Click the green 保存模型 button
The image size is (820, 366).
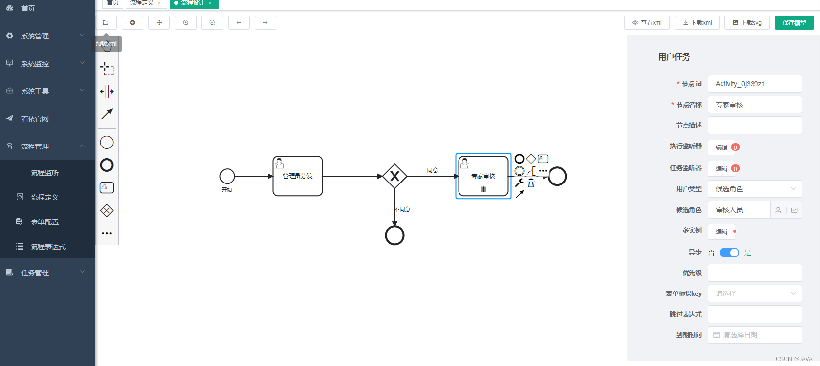pos(794,23)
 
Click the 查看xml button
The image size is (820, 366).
pos(647,23)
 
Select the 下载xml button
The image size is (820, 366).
pos(697,23)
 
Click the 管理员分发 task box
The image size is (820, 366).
pos(297,176)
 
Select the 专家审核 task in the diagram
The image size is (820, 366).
pos(483,176)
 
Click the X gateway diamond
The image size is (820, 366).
pos(394,176)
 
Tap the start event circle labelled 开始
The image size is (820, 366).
pos(227,176)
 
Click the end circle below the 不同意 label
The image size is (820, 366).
pos(394,236)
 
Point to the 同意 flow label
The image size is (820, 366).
pos(432,170)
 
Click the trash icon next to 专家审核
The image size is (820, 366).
pos(531,183)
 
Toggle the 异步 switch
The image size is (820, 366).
pos(729,253)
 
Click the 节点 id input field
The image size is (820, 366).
pos(754,84)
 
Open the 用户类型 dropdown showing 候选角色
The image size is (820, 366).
pos(754,189)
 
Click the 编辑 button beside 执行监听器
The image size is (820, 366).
pos(722,147)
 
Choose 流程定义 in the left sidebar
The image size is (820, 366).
pos(45,197)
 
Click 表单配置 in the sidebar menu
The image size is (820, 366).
pos(45,222)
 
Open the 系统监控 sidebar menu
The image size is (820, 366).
pos(45,64)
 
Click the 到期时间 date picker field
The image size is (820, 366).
pos(754,335)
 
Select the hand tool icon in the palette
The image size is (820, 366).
pos(107,46)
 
